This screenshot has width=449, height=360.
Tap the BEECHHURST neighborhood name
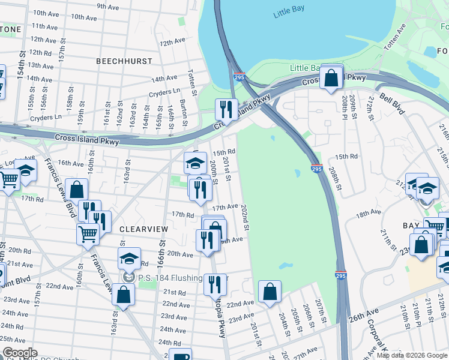coord(124,62)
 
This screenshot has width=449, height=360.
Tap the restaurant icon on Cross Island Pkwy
coord(226,109)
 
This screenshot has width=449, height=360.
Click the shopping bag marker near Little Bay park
coord(331,78)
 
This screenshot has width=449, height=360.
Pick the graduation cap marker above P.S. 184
coord(129,259)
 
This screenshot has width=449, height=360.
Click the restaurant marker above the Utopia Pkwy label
coord(214,284)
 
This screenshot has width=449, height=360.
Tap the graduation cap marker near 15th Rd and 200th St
coord(195,162)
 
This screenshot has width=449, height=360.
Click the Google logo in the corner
coord(20,353)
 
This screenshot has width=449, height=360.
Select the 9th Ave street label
coord(108,7)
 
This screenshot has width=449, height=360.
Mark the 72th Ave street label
coord(173,42)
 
